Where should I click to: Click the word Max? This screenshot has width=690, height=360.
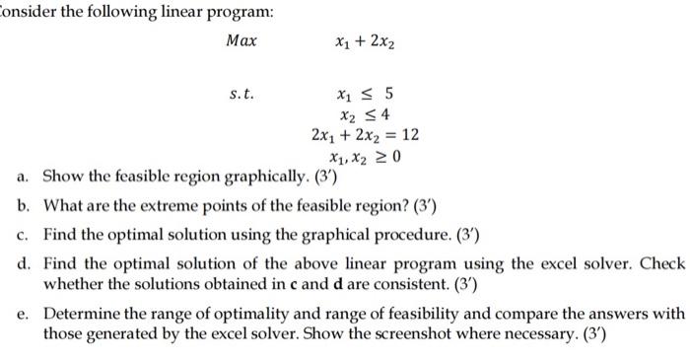coord(241,41)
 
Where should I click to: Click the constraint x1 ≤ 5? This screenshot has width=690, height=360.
coord(365,96)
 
